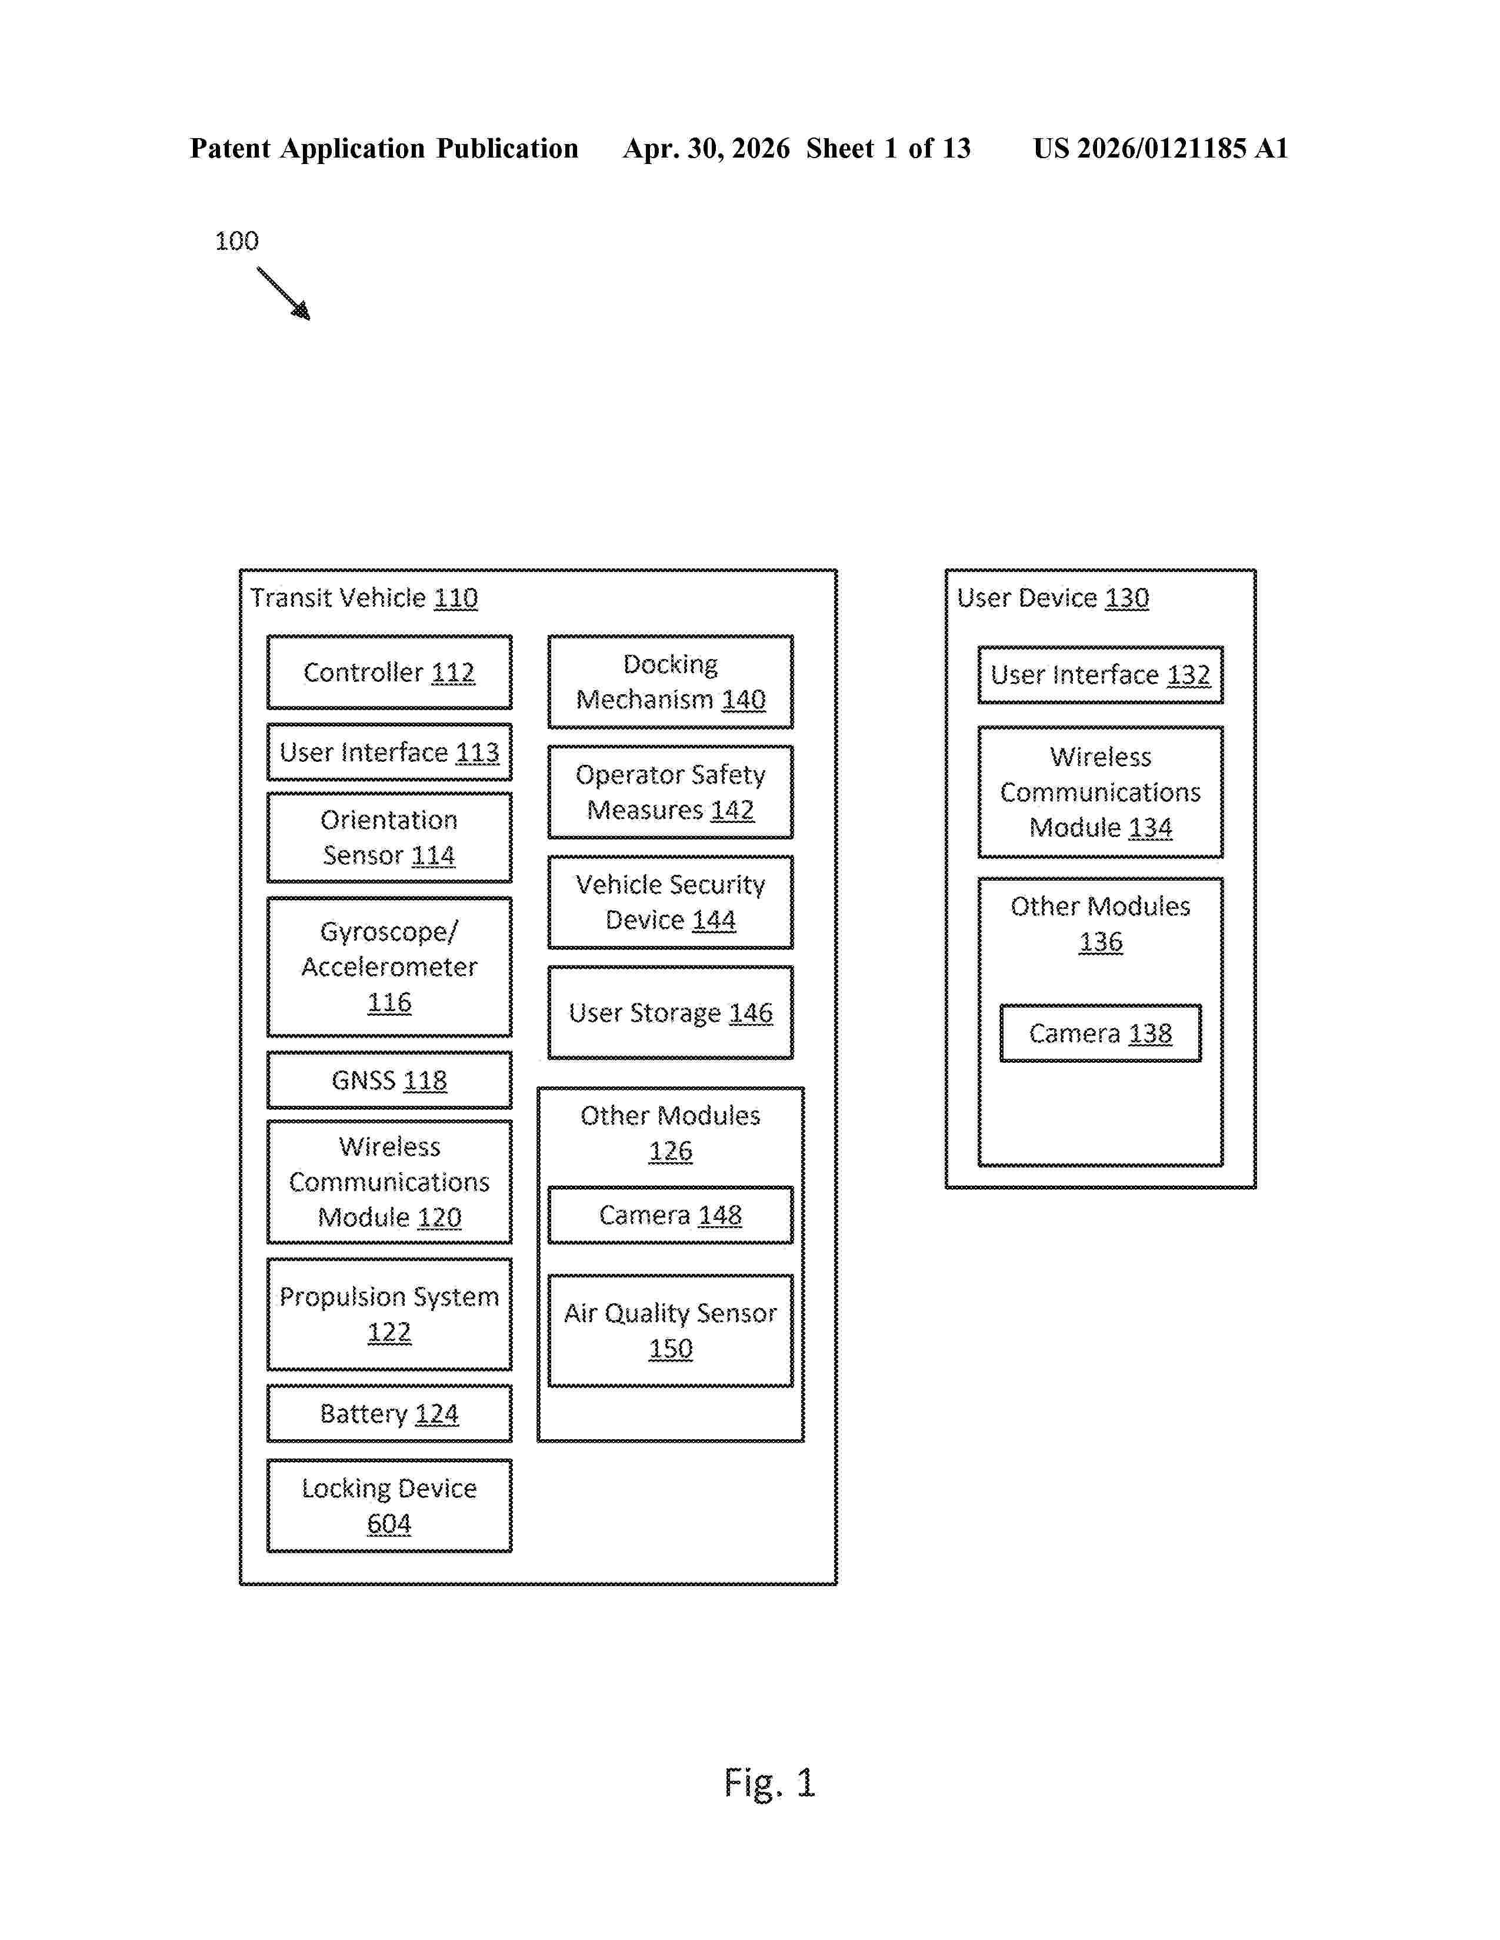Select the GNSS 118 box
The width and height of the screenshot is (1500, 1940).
(x=389, y=1080)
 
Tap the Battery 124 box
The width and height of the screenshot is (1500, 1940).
(x=389, y=1413)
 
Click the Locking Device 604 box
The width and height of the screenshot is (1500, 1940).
(x=389, y=1506)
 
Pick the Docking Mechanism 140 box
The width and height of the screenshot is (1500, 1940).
(x=670, y=681)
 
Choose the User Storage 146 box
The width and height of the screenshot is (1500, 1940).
(x=670, y=1013)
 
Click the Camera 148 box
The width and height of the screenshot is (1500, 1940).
(x=670, y=1215)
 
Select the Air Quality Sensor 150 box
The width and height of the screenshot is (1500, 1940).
(x=670, y=1330)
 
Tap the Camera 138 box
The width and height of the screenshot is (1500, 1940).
(x=1100, y=1033)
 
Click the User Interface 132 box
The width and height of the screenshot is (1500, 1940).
(x=1100, y=675)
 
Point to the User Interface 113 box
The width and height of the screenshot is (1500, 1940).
(x=389, y=752)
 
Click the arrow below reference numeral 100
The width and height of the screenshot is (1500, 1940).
(x=284, y=293)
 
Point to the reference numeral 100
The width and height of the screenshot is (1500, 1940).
(x=236, y=240)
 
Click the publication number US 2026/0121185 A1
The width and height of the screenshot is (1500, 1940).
(x=1161, y=148)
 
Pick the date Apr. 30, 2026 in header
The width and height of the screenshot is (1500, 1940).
(x=706, y=148)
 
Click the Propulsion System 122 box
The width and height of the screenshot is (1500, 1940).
(x=389, y=1314)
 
